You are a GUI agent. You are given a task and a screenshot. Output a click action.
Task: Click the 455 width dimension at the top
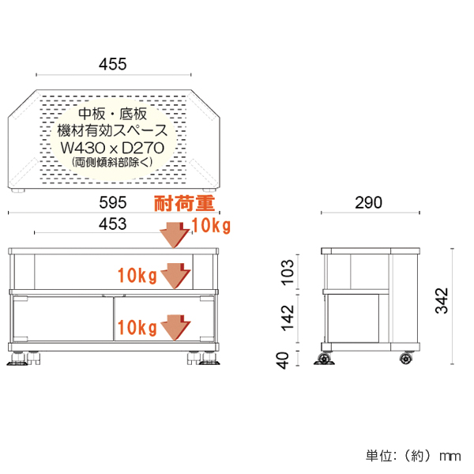coord(112,64)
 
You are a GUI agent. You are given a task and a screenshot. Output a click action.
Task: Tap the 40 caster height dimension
coord(288,359)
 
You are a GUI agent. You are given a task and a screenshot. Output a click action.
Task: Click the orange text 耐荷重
coord(184,206)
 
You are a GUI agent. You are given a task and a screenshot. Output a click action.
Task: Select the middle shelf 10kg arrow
coord(176,275)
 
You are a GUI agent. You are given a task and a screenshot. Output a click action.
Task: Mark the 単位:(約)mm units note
coord(412,456)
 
